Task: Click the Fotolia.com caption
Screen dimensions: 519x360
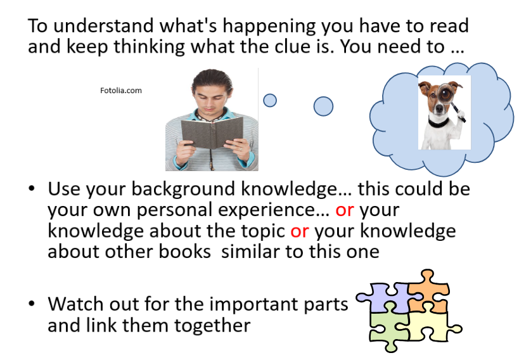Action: coord(121,91)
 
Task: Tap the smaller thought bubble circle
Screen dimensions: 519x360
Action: coord(270,100)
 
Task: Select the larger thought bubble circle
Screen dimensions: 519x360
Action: coord(323,106)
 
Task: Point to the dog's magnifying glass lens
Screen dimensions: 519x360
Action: coord(445,94)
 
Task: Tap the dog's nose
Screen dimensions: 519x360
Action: coord(439,109)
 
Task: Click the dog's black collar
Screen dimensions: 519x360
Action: coord(439,122)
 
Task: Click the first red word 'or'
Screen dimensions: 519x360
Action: coord(345,210)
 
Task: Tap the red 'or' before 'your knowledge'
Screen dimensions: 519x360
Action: coord(300,231)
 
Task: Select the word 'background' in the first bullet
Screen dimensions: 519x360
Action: coord(184,190)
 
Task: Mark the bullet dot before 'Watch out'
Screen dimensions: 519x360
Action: coord(32,304)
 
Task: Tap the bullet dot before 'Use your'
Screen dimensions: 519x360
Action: coord(32,189)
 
